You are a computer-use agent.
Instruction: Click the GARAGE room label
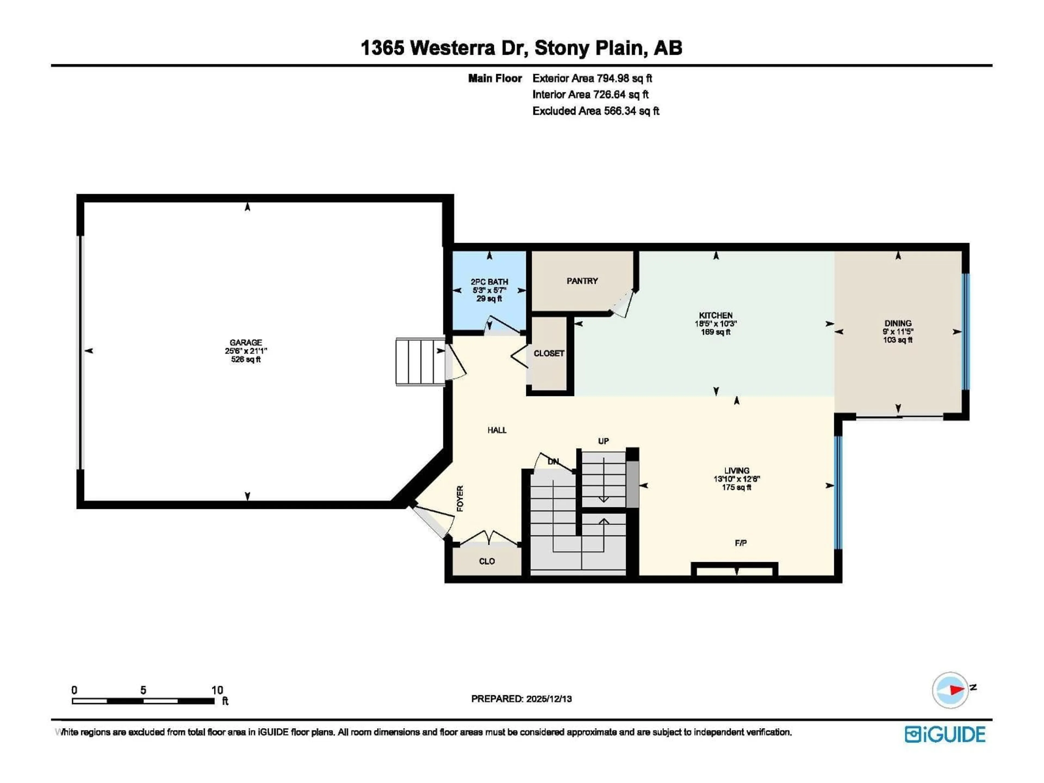tap(246, 343)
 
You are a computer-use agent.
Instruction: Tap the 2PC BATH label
tap(489, 282)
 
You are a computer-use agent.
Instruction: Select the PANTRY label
tap(582, 281)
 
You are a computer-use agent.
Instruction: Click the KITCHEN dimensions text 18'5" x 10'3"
tap(716, 324)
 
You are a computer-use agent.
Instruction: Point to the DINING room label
tap(898, 323)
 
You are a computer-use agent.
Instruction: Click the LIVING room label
tap(736, 471)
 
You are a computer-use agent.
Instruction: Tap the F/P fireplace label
tap(741, 543)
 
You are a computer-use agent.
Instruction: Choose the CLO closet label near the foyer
tap(487, 561)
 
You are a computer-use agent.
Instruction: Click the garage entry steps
tap(420, 362)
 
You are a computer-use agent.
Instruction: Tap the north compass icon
tap(950, 690)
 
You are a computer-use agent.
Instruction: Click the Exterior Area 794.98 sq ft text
tap(592, 78)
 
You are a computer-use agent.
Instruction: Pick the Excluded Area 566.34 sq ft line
tap(596, 111)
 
